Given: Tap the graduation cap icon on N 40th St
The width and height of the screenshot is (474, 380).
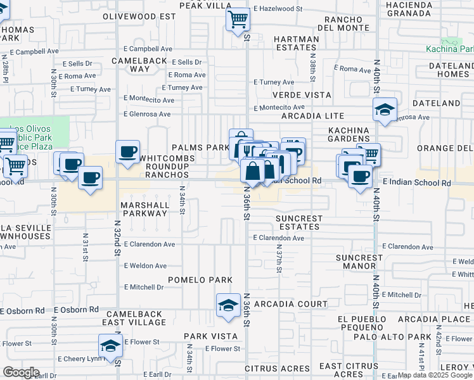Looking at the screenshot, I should [385, 110].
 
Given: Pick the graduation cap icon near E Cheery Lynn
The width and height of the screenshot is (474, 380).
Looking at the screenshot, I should [110, 346].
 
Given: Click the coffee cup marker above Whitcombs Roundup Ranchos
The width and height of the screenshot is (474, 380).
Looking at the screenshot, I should [128, 152].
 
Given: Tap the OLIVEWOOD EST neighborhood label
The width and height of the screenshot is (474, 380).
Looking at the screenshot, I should [139, 15].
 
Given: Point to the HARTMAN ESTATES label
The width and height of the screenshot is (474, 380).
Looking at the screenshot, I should [296, 43].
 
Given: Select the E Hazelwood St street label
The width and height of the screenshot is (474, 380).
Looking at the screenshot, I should [278, 9].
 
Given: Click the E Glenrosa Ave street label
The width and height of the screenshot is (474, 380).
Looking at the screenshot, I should [147, 115].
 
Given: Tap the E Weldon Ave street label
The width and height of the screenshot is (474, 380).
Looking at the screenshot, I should [145, 266].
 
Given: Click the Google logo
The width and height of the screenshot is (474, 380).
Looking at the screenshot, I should [21, 372].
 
